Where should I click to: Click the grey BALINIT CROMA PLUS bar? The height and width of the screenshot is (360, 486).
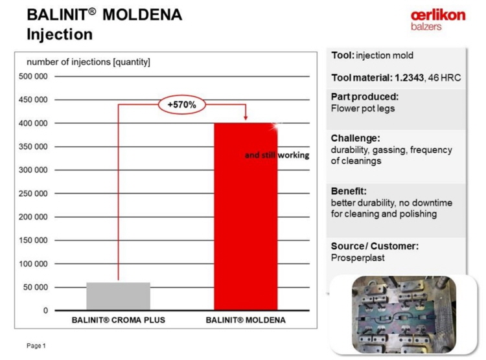[118, 296]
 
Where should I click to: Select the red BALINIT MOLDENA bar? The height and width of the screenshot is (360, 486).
[246, 216]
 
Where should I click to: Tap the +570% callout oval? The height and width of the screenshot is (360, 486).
[182, 105]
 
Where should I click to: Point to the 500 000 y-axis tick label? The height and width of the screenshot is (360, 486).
[33, 76]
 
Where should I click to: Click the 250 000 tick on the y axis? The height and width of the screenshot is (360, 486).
[33, 194]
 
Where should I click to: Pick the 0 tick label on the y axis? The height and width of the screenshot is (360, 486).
[45, 310]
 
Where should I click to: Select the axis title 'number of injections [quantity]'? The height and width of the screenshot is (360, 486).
[88, 62]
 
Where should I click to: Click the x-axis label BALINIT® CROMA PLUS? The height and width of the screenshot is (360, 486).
[119, 320]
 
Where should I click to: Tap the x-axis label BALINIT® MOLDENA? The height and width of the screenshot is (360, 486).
[246, 320]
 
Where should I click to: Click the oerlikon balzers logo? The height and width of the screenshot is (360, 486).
[438, 20]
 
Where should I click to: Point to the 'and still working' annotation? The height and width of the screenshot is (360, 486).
[277, 155]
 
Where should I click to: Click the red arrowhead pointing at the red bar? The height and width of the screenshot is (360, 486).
[246, 118]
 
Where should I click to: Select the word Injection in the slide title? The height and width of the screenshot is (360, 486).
[60, 34]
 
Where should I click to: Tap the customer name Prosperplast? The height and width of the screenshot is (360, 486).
[358, 258]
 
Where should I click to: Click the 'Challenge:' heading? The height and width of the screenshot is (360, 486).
[356, 138]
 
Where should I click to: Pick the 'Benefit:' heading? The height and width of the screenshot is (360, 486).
[349, 191]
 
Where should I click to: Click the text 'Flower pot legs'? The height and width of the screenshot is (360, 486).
[363, 108]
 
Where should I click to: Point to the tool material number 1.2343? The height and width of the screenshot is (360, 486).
[409, 78]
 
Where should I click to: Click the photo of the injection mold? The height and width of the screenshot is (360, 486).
[404, 315]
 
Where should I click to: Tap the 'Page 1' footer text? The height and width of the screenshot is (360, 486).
[36, 346]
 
